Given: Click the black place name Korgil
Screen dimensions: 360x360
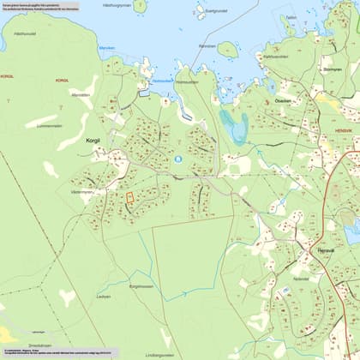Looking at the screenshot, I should coord(94,138).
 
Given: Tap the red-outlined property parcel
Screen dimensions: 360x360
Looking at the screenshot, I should coord(129,198).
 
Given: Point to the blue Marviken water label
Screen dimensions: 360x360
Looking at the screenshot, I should coord(106,48).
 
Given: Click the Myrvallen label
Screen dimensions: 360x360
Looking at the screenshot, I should coord(81,95).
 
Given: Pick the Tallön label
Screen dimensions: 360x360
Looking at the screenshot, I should coord(291,17).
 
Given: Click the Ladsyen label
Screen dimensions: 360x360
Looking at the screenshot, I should coord(104,297).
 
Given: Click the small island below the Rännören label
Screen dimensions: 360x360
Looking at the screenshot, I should coord(227,50).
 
